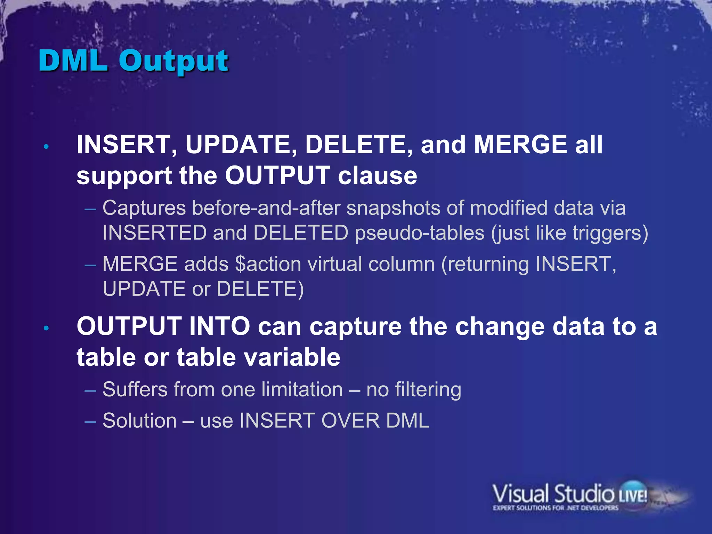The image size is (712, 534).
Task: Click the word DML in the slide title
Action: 73,61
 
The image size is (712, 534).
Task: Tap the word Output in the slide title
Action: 173,62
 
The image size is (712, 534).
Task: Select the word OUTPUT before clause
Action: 277,176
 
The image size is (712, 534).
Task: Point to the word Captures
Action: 144,209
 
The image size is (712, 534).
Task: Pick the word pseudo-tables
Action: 419,233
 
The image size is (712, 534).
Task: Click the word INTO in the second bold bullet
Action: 219,326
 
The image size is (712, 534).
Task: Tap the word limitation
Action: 302,389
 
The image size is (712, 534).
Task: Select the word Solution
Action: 139,421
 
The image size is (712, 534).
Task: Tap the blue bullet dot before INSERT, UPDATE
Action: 46,147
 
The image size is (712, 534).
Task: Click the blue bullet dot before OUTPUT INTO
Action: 46,328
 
